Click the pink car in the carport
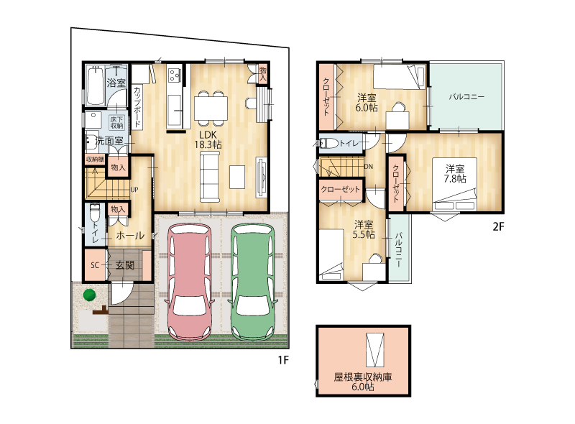pos(190,282)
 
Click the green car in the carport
pos(253,282)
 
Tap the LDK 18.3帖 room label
pos(208,139)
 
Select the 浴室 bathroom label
pos(116,83)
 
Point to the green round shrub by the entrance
pos(89,295)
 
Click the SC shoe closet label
pos(95,264)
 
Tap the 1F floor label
pos(283,360)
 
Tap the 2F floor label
pos(498,226)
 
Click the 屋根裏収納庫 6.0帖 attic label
pos(363,382)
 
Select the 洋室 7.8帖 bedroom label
pos(455,174)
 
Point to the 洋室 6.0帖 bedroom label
pos(367,103)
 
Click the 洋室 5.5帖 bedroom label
pos(364,229)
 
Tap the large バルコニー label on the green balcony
pos(466,97)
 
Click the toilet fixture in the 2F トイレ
pos(329,143)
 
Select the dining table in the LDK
pos(211,108)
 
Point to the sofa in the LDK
pos(209,178)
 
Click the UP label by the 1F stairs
pos(134,190)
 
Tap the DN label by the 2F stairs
pos(369,167)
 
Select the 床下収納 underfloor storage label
pos(117,122)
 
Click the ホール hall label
pos(130,236)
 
